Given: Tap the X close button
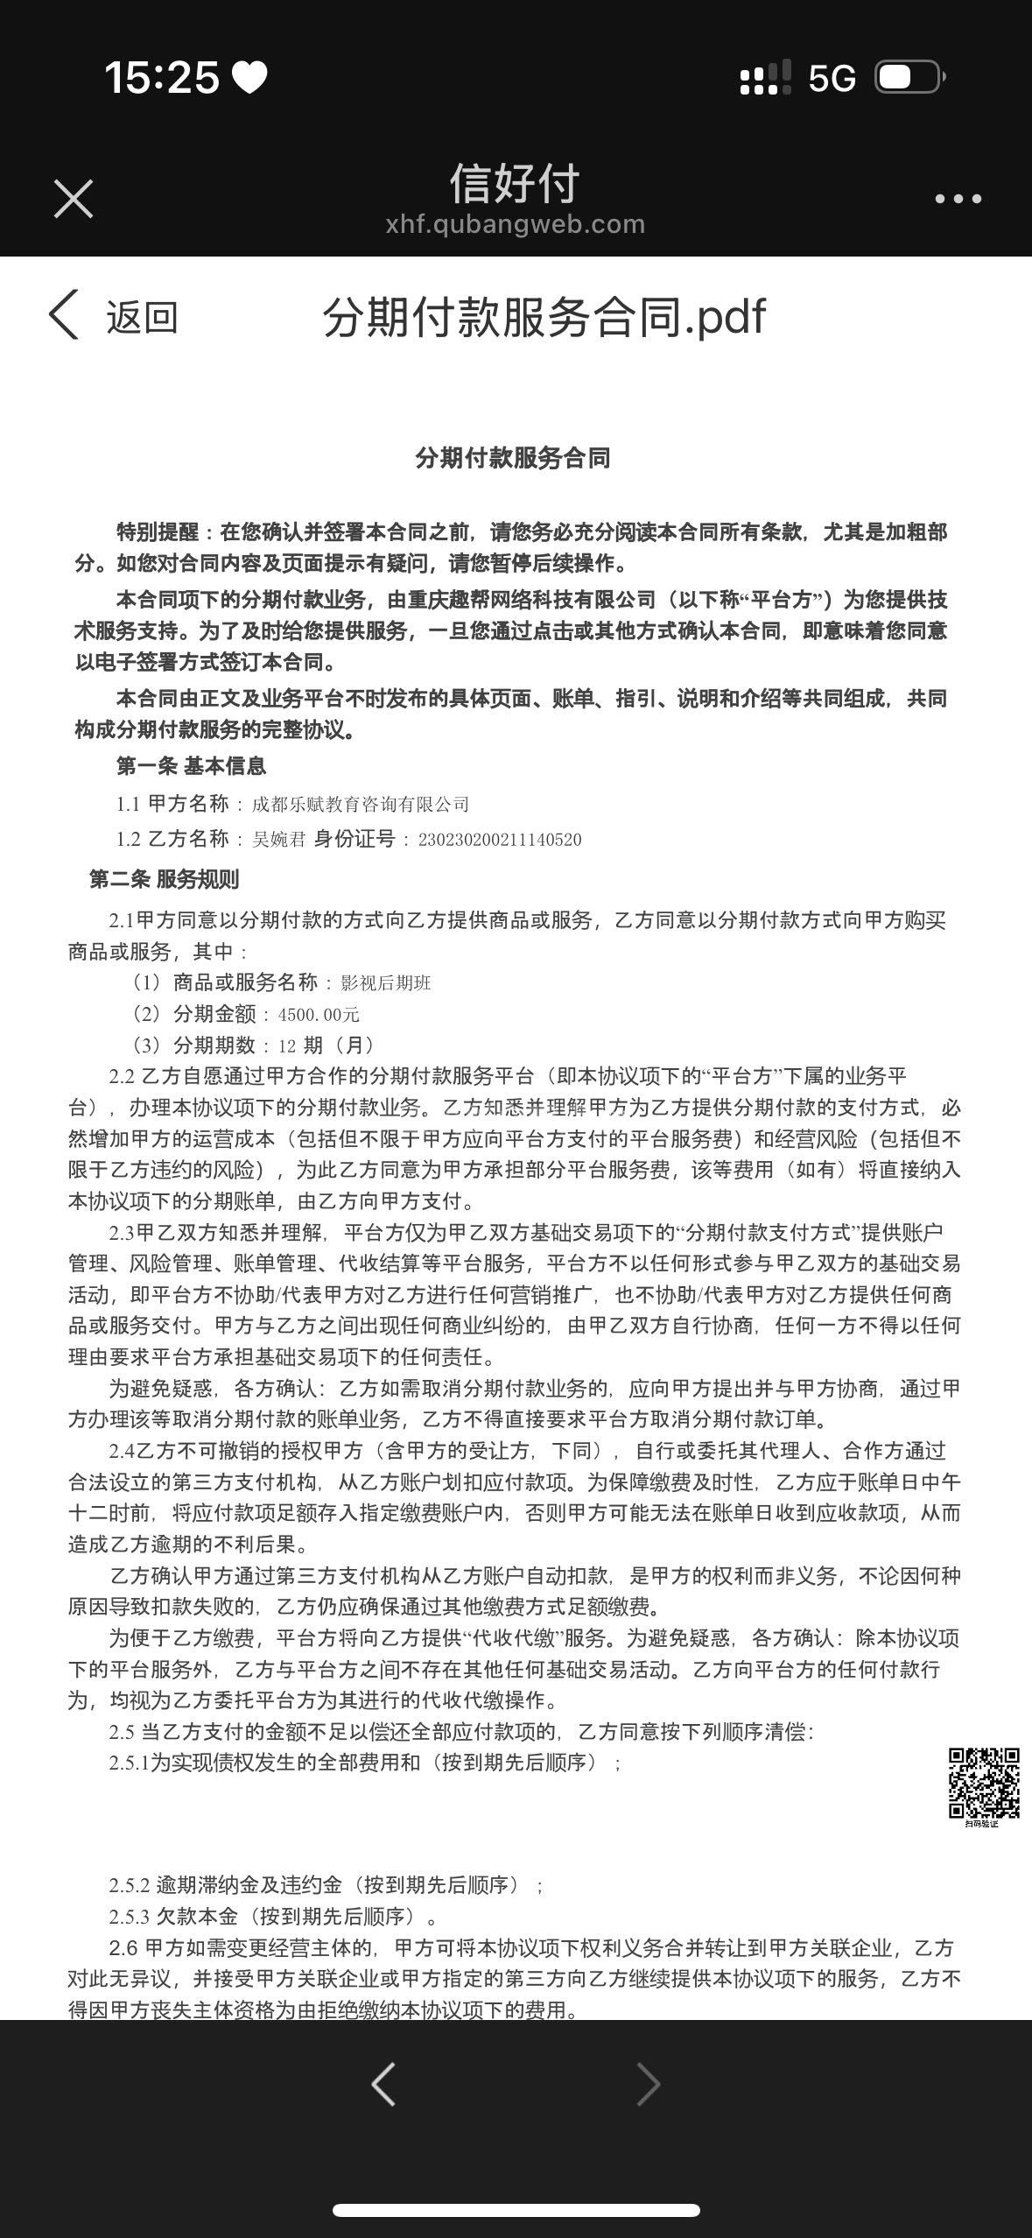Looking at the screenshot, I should (74, 199).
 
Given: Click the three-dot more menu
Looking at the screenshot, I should (958, 200).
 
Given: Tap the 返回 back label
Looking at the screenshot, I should (142, 316).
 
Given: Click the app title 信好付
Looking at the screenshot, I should (515, 184).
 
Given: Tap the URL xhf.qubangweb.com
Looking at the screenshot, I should (515, 224).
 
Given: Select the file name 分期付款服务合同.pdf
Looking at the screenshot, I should (544, 316).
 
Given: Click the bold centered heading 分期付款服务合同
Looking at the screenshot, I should (513, 458).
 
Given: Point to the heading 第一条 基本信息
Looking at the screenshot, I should (191, 766).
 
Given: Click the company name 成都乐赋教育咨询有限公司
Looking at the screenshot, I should (361, 804).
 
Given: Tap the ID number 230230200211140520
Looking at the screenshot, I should (500, 840).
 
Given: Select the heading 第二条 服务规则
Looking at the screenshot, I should (164, 879).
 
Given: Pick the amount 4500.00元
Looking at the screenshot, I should (319, 1014).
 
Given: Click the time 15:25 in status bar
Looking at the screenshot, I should (162, 77).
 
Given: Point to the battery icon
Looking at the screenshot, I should (909, 77).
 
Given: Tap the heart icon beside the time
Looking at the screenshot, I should (249, 78).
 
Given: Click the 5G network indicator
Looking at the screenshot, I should (832, 79).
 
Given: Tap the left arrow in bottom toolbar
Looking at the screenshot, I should (383, 2083).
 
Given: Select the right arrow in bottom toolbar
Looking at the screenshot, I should (648, 2083).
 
